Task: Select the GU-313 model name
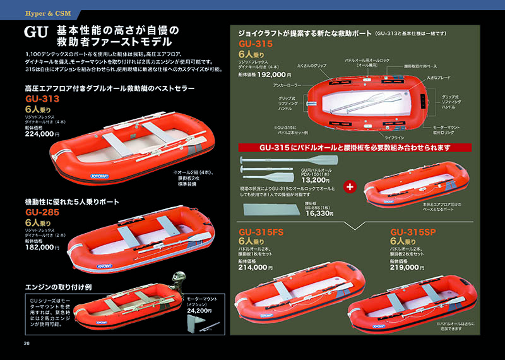(x=42, y=99)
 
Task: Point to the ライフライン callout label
(x=392, y=136)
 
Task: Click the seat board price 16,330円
(x=319, y=213)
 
